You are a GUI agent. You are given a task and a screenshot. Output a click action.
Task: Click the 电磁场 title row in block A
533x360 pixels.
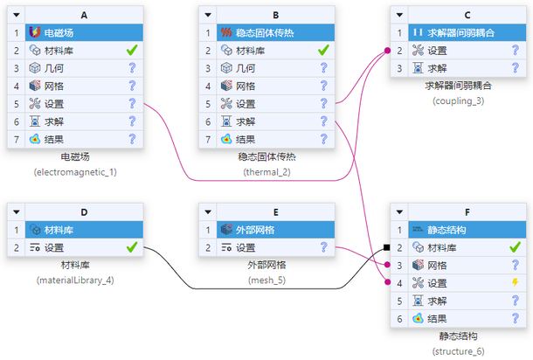click(x=84, y=32)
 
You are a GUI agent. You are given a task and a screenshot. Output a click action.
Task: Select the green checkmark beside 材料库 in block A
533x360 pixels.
click(x=132, y=51)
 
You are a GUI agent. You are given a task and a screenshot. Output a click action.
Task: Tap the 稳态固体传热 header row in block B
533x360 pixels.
click(x=276, y=32)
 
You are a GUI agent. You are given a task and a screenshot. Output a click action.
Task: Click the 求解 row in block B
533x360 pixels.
click(x=276, y=121)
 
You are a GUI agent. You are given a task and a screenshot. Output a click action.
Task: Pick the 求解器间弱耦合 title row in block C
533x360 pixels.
click(x=467, y=32)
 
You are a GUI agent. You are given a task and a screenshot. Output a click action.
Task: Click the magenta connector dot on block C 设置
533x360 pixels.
click(x=387, y=51)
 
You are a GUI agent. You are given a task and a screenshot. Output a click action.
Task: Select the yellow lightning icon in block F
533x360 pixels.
click(x=516, y=282)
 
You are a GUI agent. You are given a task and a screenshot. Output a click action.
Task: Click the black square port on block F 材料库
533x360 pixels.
click(x=386, y=247)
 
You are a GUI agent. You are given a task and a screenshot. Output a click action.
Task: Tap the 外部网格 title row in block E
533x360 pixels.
click(x=276, y=230)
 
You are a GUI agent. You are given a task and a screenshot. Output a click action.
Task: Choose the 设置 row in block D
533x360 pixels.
click(x=84, y=247)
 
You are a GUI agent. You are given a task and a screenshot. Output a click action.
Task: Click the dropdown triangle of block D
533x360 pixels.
click(x=17, y=212)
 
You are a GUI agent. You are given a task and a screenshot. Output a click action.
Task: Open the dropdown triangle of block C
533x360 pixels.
click(x=400, y=15)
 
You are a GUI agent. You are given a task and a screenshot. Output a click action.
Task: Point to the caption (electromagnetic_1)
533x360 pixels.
click(x=75, y=172)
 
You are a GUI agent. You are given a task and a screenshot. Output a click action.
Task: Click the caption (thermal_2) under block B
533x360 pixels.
click(x=266, y=172)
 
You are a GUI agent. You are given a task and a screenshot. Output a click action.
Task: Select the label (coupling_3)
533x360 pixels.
click(x=458, y=101)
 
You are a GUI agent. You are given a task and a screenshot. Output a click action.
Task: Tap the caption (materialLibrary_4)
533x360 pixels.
click(x=75, y=280)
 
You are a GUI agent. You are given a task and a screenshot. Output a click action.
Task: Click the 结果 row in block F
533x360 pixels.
click(x=467, y=319)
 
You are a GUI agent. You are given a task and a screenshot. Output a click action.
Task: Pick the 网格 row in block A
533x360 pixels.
click(x=84, y=86)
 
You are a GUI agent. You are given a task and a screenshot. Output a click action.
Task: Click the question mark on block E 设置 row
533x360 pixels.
click(x=323, y=247)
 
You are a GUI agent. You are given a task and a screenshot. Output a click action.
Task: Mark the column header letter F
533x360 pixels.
click(x=467, y=212)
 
